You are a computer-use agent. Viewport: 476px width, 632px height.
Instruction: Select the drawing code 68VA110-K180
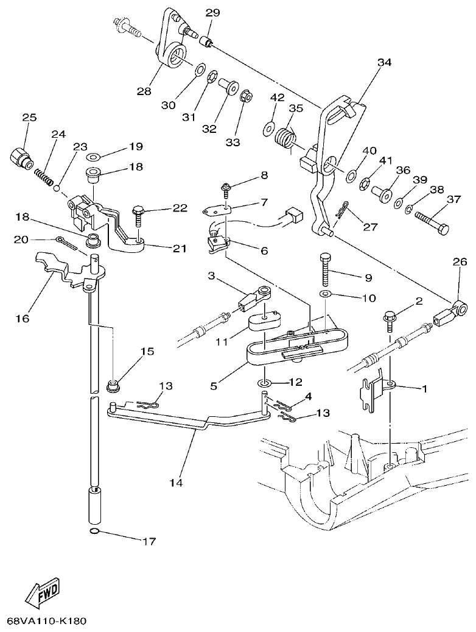point(46,622)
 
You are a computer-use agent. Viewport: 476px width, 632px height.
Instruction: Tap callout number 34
point(384,62)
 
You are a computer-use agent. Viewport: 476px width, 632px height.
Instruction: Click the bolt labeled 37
point(432,222)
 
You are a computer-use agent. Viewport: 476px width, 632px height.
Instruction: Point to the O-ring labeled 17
point(94,533)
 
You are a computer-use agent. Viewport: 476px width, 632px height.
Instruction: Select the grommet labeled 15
point(113,385)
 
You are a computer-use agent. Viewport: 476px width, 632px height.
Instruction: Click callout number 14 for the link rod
point(176,483)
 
